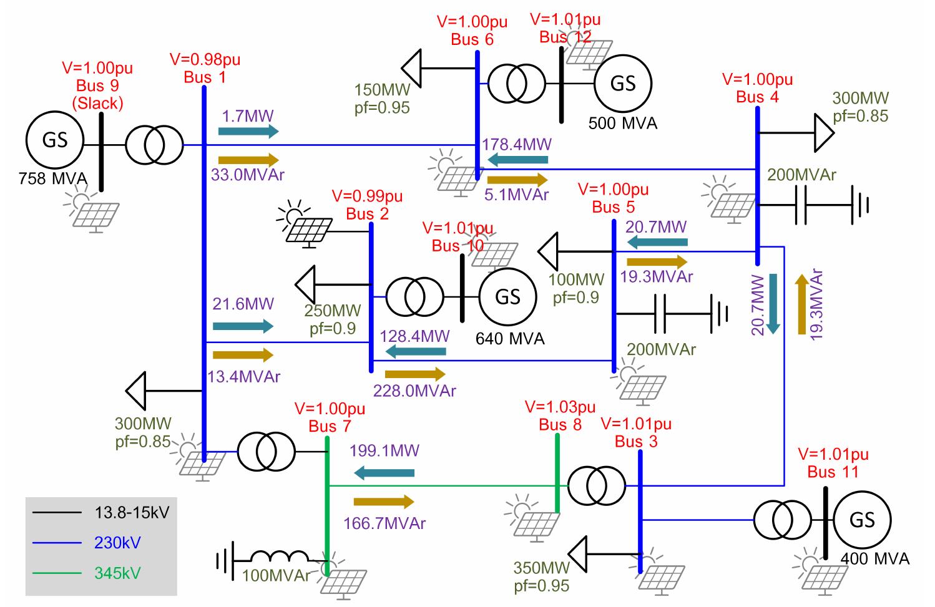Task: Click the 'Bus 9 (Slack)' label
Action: [x=97, y=94]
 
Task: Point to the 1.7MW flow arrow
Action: [x=248, y=131]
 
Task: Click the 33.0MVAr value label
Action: [x=248, y=175]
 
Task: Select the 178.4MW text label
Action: [x=516, y=144]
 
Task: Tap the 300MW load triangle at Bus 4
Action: [x=825, y=133]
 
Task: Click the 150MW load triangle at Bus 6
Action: [x=411, y=68]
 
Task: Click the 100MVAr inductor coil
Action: [x=280, y=556]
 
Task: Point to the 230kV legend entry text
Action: [x=117, y=543]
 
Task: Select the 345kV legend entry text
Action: [x=117, y=573]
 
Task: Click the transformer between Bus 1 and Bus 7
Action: [x=267, y=452]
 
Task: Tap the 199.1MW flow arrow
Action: [x=384, y=473]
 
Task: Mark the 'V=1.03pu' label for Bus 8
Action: [x=560, y=407]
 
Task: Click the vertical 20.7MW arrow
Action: [x=773, y=304]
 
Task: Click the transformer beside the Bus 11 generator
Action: [x=783, y=520]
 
